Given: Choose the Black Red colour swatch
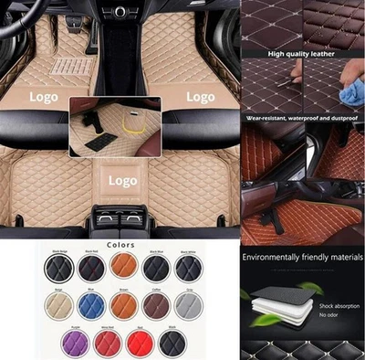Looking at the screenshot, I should [x=90, y=269].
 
